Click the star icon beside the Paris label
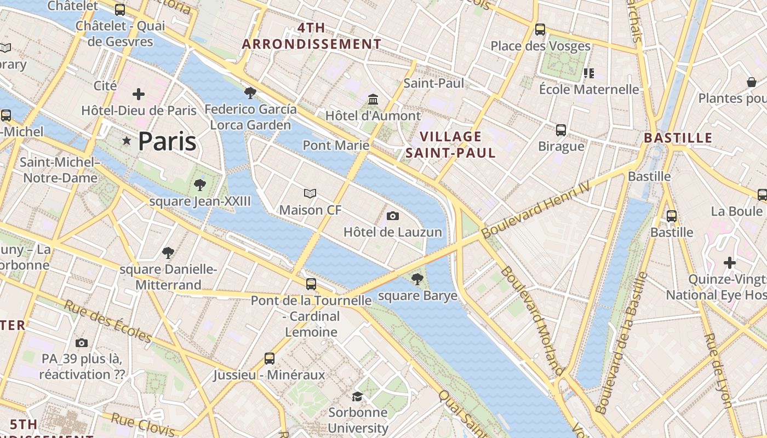(x=127, y=141)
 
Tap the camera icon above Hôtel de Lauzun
(x=392, y=216)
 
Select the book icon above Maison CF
(x=310, y=193)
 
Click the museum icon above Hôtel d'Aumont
(x=374, y=99)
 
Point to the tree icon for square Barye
(x=417, y=279)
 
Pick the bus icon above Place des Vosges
(x=540, y=29)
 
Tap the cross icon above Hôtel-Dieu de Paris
(x=139, y=94)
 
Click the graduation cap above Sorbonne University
(x=358, y=396)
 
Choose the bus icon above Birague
(x=561, y=130)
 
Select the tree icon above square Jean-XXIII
(x=200, y=185)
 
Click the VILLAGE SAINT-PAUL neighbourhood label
(x=451, y=145)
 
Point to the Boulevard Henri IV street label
(x=536, y=210)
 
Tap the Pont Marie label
(x=336, y=146)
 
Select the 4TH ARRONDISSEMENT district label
(x=312, y=36)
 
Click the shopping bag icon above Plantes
(x=752, y=82)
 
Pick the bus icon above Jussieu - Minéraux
(x=269, y=359)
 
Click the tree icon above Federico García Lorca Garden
(x=250, y=93)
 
